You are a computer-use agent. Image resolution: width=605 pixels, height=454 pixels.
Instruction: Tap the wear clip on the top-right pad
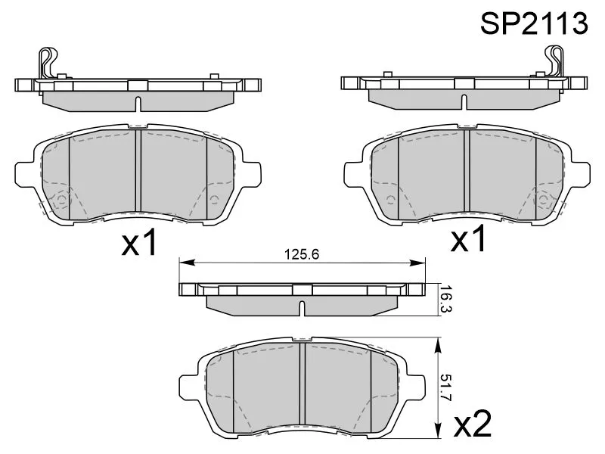point(557,62)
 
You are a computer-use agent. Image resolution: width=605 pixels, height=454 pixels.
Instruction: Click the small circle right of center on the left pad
point(214,200)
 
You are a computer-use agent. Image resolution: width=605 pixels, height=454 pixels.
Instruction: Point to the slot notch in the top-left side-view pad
point(138,102)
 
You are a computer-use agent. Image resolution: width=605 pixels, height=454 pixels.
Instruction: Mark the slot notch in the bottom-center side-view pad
point(302,309)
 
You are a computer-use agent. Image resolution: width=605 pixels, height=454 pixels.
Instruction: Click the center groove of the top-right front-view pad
point(466,173)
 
